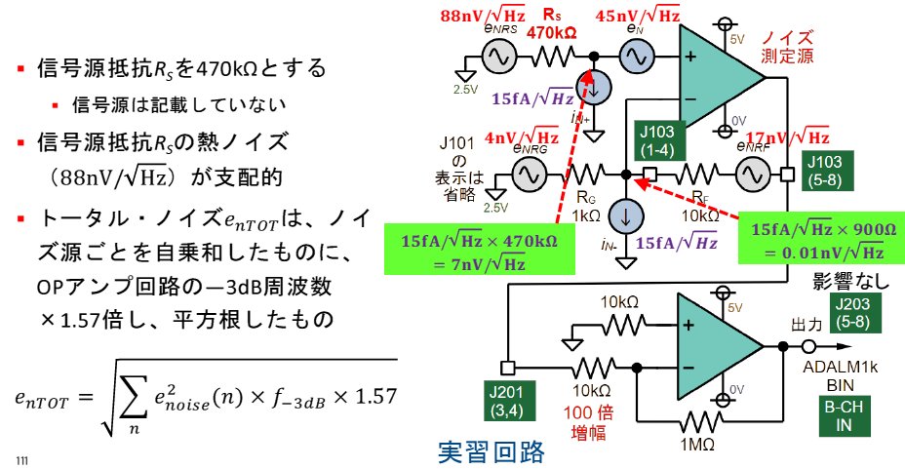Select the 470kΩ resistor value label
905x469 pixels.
tap(553, 31)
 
